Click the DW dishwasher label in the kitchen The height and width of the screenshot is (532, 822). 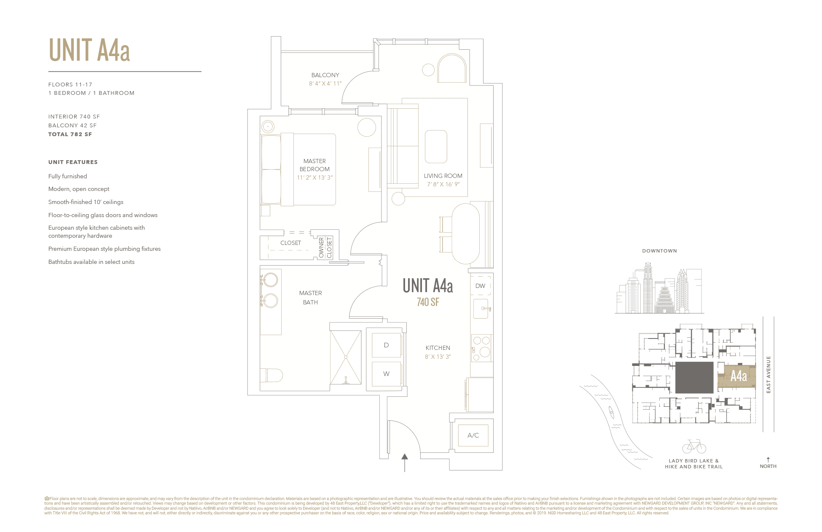click(x=480, y=286)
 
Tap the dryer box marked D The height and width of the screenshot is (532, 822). click(x=386, y=345)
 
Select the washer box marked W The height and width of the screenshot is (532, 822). click(x=386, y=374)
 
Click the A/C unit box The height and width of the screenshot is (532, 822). click(x=473, y=435)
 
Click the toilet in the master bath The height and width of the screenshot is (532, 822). click(x=272, y=375)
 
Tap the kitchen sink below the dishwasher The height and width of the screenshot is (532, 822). click(x=481, y=309)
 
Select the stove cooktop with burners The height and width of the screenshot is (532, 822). click(x=481, y=348)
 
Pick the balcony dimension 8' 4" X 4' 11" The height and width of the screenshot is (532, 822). click(x=325, y=84)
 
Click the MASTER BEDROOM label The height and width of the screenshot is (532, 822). click(x=314, y=165)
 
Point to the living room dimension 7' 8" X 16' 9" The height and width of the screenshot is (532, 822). click(x=443, y=184)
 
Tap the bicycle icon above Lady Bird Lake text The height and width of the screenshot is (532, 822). click(x=694, y=446)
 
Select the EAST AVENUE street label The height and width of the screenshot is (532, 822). click(x=768, y=374)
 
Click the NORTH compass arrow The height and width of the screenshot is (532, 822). click(x=768, y=460)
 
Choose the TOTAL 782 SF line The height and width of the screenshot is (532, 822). click(x=70, y=134)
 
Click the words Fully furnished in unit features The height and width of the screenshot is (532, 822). click(x=67, y=176)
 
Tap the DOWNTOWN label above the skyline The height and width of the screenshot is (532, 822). click(x=659, y=251)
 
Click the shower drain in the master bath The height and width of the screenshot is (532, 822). click(x=346, y=357)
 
